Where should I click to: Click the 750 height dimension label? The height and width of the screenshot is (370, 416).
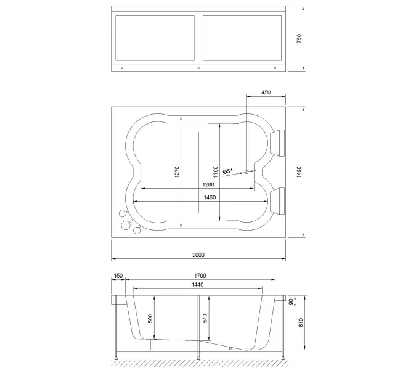(300, 38)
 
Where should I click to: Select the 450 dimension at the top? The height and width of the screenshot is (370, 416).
(266, 92)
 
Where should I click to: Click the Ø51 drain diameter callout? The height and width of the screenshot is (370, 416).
(227, 171)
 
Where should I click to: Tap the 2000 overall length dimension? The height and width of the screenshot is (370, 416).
(198, 254)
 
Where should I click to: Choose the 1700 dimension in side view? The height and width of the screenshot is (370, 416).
(200, 276)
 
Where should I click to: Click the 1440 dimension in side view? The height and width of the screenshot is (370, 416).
(198, 284)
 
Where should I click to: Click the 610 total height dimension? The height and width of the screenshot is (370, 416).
(300, 324)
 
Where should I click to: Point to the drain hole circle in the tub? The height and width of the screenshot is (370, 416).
(247, 172)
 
